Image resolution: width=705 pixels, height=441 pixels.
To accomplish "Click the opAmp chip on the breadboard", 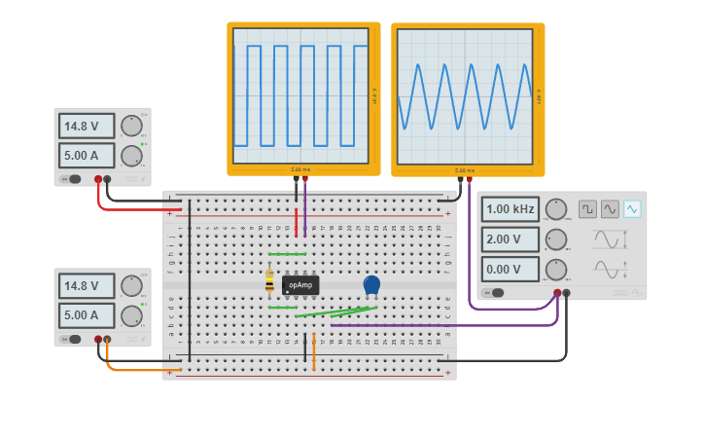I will pyautogui.click(x=300, y=285).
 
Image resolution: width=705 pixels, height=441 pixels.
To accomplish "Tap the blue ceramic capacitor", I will pyautogui.click(x=371, y=284).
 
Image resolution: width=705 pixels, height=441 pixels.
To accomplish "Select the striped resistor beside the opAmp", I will pyautogui.click(x=269, y=281).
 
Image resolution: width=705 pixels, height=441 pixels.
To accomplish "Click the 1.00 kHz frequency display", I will pyautogui.click(x=511, y=209).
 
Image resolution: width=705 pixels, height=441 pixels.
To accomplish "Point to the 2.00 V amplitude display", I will pyautogui.click(x=511, y=239).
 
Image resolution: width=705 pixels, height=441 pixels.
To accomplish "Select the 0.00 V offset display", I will pyautogui.click(x=511, y=269).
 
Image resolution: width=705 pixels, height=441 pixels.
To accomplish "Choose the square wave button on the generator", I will pyautogui.click(x=587, y=209).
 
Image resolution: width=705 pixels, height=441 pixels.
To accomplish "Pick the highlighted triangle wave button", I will pyautogui.click(x=632, y=209).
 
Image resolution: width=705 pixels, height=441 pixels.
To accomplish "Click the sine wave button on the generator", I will pyautogui.click(x=610, y=209).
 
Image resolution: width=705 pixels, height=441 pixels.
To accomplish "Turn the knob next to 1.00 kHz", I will pyautogui.click(x=556, y=209).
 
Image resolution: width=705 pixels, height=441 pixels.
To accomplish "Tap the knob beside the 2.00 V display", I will pyautogui.click(x=556, y=239).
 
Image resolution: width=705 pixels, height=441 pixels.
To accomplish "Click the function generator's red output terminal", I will pyautogui.click(x=557, y=292).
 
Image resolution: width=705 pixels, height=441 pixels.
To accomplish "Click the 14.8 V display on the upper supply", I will pyautogui.click(x=87, y=126).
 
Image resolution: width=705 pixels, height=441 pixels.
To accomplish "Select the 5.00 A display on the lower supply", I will pyautogui.click(x=87, y=315).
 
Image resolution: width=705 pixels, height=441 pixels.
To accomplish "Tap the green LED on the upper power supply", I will pyautogui.click(x=142, y=144).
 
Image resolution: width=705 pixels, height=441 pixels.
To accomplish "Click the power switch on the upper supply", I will pyautogui.click(x=70, y=179).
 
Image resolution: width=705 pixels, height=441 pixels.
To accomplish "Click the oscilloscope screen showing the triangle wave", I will pyautogui.click(x=466, y=96).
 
